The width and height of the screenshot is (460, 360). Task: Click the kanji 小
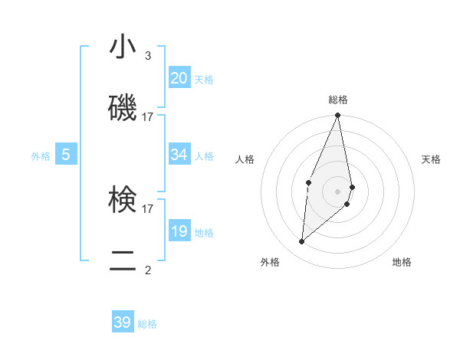123,48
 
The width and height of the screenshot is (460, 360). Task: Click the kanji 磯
123,108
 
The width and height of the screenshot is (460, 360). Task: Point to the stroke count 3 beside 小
147,56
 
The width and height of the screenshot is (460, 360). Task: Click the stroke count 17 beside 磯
147,117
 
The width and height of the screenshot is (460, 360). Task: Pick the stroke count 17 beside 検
147,208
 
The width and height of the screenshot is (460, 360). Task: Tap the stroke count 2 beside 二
147,270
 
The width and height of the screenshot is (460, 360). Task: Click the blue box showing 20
179,78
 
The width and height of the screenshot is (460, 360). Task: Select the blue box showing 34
179,155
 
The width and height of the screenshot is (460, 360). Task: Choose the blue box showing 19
179,231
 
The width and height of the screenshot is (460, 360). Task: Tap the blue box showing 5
66,155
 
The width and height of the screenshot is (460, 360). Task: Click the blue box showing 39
123,322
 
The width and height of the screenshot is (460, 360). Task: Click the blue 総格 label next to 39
147,324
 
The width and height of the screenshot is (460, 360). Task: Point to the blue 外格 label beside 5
41,156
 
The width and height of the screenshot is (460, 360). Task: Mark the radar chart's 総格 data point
337,116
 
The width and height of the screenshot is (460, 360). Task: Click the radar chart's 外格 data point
302,242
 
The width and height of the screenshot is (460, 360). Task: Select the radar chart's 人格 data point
308,182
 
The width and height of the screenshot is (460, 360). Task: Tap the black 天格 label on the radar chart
432,159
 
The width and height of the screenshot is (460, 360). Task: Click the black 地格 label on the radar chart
402,262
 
